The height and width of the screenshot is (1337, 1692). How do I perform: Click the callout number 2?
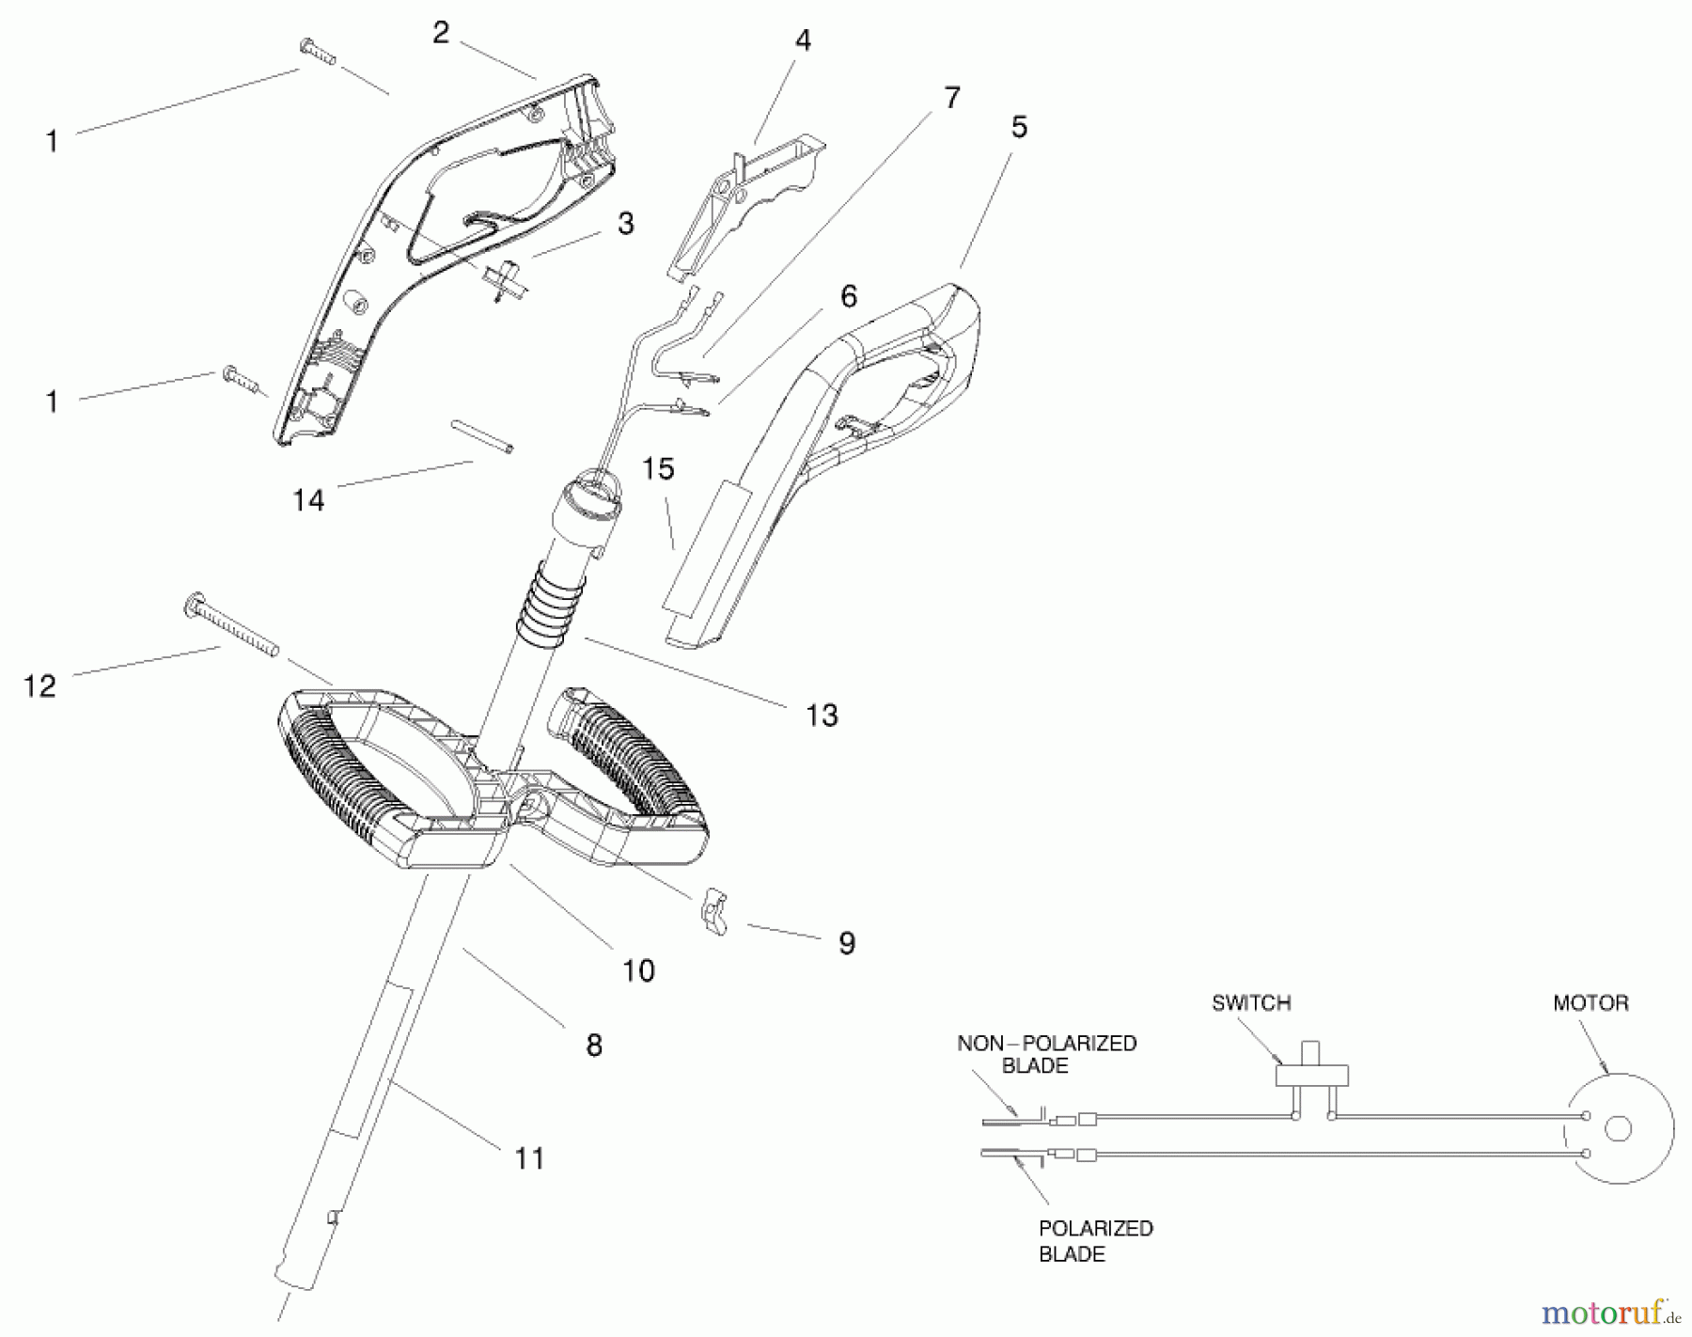[441, 33]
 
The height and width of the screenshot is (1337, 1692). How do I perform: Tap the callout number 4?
[802, 40]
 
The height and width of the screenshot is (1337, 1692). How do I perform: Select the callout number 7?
[951, 98]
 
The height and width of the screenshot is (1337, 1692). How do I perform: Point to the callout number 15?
[658, 468]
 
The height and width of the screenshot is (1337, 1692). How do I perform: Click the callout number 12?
[39, 685]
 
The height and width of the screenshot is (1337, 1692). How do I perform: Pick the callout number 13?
[821, 716]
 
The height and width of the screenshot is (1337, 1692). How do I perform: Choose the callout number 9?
[846, 943]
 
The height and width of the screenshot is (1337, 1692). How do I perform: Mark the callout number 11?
[529, 1158]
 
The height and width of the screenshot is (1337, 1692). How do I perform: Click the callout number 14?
[308, 500]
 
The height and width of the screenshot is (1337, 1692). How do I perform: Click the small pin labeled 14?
[482, 437]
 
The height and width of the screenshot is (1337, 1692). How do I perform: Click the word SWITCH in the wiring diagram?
[1250, 1003]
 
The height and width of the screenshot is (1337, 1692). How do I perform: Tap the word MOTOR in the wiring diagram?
[1590, 1003]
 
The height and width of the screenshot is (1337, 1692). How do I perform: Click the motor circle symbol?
[1619, 1128]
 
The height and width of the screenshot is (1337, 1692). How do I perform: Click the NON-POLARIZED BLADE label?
[1046, 1054]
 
